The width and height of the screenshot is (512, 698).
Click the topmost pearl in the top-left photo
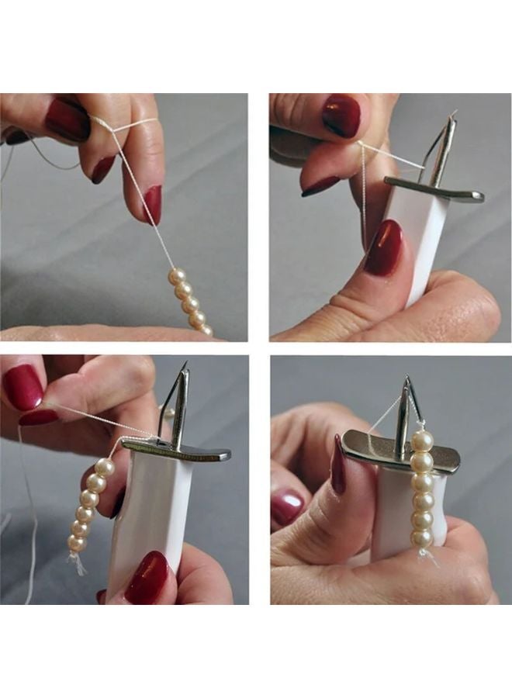click(x=178, y=276)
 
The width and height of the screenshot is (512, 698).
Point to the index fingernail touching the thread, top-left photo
click(x=152, y=204)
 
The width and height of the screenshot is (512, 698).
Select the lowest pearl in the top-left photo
click(x=206, y=330)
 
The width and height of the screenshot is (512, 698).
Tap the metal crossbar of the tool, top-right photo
click(x=434, y=188)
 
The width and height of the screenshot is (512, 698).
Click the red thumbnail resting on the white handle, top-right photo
click(x=384, y=247)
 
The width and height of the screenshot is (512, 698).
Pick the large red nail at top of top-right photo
click(x=341, y=116)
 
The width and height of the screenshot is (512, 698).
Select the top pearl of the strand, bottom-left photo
click(x=105, y=467)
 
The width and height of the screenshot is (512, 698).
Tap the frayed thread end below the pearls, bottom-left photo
click(x=78, y=562)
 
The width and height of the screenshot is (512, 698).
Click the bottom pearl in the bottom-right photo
click(x=422, y=537)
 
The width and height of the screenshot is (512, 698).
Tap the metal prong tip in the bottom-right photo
click(x=406, y=380)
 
